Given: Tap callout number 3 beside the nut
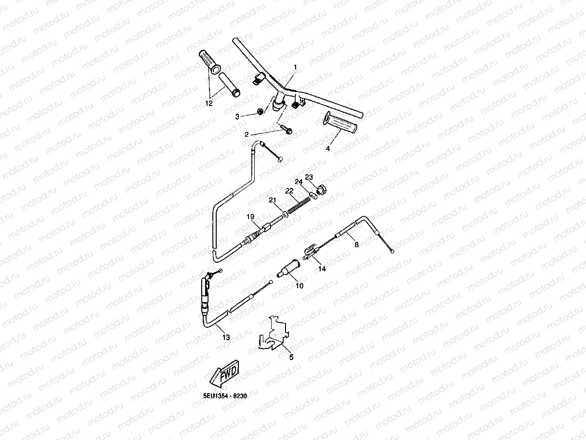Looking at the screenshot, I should (x=237, y=117).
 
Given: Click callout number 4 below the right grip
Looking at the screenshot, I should (x=328, y=149).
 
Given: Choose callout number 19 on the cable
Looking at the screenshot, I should (x=250, y=217).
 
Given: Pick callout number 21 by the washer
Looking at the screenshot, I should (x=273, y=200).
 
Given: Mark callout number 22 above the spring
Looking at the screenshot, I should (x=289, y=191).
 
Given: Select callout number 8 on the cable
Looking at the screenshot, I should (x=357, y=245).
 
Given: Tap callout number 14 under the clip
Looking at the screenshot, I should (x=322, y=269).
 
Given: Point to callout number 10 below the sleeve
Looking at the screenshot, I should (x=300, y=285).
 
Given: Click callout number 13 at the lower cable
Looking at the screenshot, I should (x=226, y=338).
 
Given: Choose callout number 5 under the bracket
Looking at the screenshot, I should (x=291, y=358).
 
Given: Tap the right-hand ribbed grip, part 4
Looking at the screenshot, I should (x=340, y=123).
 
